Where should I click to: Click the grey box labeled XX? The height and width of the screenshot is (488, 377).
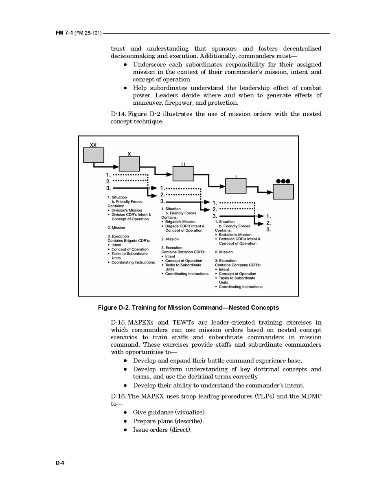coord(94,155)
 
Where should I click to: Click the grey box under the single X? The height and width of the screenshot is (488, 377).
coord(129,164)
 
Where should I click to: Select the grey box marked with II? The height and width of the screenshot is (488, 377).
coord(183,174)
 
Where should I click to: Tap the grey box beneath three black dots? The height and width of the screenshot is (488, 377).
coord(283,191)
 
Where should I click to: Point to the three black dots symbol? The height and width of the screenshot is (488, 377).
coord(283,181)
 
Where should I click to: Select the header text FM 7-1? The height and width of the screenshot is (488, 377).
coord(65,33)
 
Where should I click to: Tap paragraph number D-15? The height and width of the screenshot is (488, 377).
coord(118,323)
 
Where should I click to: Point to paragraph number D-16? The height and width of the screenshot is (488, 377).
coord(118,396)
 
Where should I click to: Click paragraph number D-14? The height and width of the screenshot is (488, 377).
coord(118,114)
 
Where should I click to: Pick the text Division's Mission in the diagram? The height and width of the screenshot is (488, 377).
coord(127,211)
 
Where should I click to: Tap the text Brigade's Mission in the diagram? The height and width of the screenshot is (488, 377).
coord(180,222)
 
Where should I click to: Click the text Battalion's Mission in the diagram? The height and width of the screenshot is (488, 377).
coord(235,235)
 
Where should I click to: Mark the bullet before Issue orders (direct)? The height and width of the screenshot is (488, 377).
coord(126,430)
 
